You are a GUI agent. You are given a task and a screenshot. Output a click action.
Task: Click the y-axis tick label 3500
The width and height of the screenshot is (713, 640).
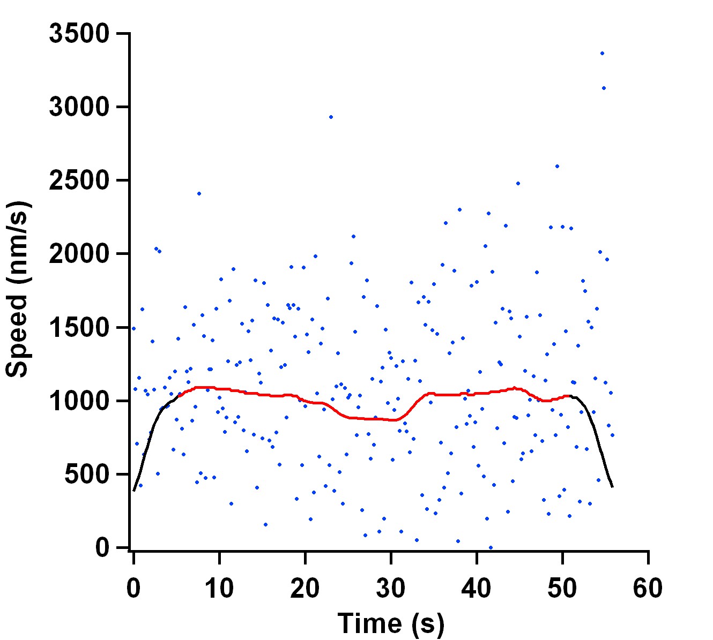79,34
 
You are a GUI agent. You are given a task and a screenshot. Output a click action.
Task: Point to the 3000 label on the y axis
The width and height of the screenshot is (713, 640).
79,107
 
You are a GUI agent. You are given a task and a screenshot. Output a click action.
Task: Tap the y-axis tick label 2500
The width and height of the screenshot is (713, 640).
79,180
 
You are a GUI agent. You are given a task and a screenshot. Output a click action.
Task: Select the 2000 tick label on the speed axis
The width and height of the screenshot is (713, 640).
79,254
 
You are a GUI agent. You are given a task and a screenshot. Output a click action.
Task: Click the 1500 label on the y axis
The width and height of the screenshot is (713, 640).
79,327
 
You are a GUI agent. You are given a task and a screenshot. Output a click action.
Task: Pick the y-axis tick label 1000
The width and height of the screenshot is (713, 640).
79,401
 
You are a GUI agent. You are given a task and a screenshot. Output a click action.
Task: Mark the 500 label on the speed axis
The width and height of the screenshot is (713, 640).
87,474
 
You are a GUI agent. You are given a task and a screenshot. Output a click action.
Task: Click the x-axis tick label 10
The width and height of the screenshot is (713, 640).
219,588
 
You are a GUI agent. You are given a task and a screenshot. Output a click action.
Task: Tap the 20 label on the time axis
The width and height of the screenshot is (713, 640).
305,588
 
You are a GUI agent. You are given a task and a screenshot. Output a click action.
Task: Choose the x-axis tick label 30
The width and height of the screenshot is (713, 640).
391,588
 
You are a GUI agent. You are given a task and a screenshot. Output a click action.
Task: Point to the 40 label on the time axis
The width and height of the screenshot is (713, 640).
477,588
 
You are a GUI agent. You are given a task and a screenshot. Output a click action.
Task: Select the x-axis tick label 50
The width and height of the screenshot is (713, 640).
562,588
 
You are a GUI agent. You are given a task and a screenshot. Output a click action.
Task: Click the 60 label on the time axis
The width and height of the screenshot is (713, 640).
648,588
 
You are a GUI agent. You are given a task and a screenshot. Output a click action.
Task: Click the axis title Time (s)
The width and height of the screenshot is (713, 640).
391,623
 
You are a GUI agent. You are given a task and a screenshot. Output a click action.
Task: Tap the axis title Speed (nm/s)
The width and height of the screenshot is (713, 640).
17,289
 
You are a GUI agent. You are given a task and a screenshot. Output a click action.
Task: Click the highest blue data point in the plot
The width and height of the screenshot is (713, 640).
602,53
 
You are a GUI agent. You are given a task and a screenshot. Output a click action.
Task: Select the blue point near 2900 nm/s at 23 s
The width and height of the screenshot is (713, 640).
331,117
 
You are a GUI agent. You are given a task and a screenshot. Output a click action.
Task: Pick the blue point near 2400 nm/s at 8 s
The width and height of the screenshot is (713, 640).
199,193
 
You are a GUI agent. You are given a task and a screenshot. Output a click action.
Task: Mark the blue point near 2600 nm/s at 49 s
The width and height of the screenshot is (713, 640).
557,166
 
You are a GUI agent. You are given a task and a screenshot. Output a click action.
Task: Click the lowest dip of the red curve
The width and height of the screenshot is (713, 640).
393,420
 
